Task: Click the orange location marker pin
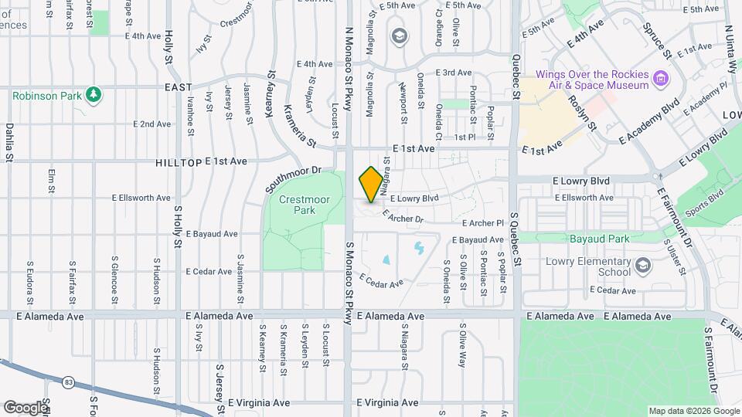371,185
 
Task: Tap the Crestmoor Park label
298,204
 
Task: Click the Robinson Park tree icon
94,95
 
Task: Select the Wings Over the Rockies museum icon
661,78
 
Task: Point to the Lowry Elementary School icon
642,267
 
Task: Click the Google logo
26,407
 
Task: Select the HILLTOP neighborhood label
179,162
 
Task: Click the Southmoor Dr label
292,179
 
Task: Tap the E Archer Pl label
482,223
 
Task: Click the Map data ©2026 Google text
693,411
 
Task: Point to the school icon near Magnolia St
400,36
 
